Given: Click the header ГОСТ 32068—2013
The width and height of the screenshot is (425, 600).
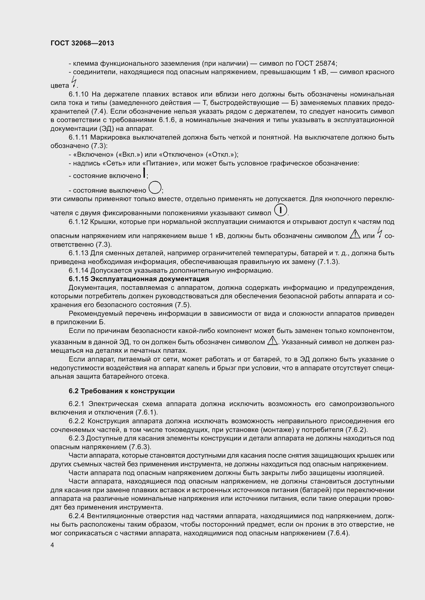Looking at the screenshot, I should pyautogui.click(x=82, y=43).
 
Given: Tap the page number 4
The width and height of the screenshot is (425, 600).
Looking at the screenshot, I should pyautogui.click(x=52, y=545).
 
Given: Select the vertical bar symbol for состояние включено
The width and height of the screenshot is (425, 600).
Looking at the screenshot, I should pyautogui.click(x=144, y=173).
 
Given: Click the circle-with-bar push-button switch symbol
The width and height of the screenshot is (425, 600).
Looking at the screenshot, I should pyautogui.click(x=280, y=210).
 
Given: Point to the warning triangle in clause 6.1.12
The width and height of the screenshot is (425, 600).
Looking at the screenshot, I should pyautogui.click(x=355, y=234).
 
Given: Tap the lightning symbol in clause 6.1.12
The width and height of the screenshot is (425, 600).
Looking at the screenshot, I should pyautogui.click(x=380, y=232).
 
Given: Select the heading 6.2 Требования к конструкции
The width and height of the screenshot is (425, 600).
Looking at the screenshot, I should pyautogui.click(x=122, y=391).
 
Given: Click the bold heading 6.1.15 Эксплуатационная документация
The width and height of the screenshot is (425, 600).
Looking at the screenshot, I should pyautogui.click(x=139, y=279).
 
